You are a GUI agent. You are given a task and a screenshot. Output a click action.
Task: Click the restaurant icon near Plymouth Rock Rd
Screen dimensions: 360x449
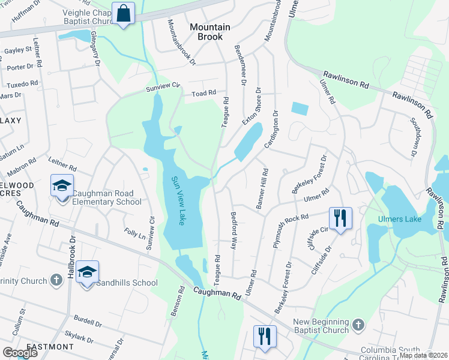click(340, 218)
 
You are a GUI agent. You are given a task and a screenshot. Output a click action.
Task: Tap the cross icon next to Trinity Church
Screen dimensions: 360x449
click(56, 280)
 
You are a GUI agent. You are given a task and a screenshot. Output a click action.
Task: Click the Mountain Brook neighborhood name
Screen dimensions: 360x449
click(211, 31)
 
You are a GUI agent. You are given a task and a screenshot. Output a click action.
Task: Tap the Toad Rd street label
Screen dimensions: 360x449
click(203, 94)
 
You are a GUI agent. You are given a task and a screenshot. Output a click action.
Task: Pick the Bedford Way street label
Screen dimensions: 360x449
click(234, 230)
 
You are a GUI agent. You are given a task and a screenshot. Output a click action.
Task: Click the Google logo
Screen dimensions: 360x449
click(20, 353)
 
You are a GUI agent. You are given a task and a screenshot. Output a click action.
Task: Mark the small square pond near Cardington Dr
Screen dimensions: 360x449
click(300, 109)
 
